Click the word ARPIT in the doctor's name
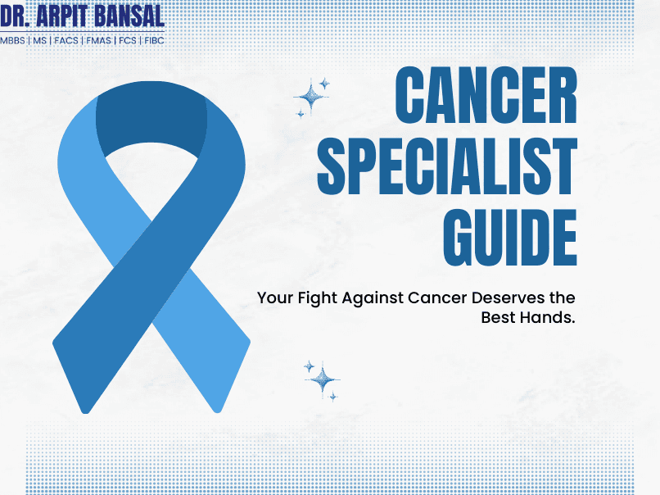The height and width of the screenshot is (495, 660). (x=71, y=15)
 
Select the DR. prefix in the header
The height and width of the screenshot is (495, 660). (x=17, y=15)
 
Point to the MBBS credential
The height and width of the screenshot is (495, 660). (x=12, y=40)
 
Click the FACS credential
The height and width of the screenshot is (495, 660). (x=66, y=40)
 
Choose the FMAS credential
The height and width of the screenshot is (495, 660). (x=98, y=40)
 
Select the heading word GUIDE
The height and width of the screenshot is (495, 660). (x=510, y=235)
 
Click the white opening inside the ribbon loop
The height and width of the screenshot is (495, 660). (x=151, y=168)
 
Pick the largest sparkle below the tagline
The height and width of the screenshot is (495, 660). (x=323, y=379)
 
